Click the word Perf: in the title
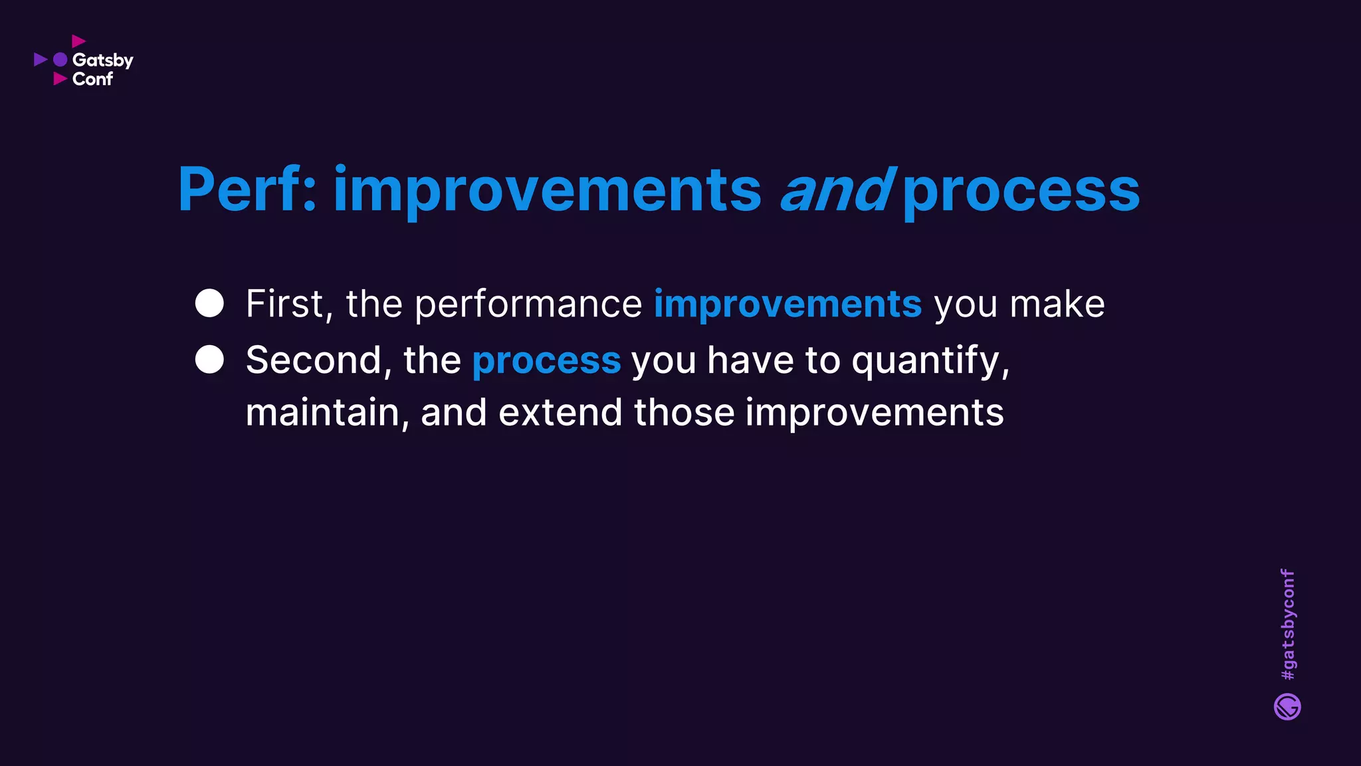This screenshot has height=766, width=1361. pos(247,190)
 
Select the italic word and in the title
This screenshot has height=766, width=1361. pos(835,190)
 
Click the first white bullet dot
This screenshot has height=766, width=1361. pos(209,303)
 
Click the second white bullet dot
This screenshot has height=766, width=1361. pos(209,360)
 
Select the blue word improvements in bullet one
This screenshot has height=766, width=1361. pos(787,305)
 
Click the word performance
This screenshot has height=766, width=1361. pos(528,305)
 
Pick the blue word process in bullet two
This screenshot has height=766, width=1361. pos(546,362)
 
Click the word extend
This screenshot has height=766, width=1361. pos(560,412)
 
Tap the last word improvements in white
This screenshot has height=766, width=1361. pos(874,413)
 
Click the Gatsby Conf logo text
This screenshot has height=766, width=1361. pos(102,69)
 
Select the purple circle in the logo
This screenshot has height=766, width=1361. pos(60,60)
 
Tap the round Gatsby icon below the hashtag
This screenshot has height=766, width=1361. pos(1287,707)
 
